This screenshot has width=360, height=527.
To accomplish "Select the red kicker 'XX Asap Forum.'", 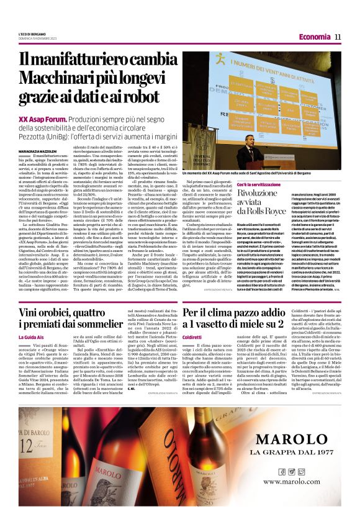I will click(42, 119).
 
